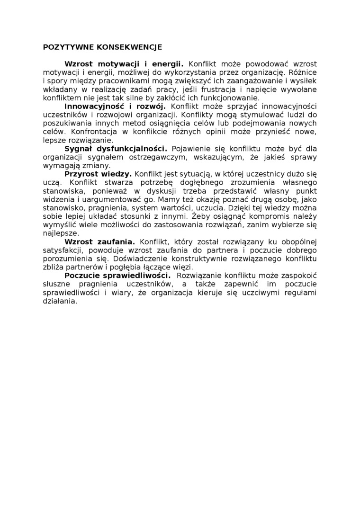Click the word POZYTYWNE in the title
coord(65,47)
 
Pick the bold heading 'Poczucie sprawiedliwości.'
coord(117,276)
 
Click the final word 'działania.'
coord(60,301)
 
